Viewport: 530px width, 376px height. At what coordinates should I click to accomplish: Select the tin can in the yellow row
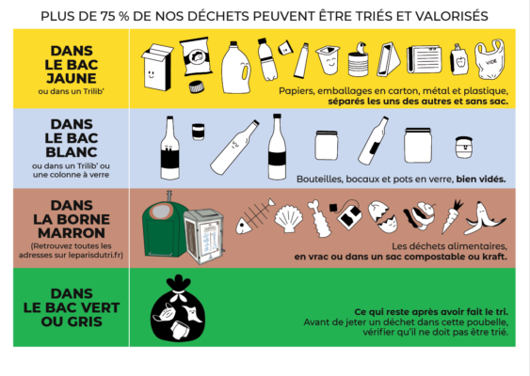click(359, 64)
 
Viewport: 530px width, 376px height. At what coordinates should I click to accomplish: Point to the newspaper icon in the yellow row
click(424, 59)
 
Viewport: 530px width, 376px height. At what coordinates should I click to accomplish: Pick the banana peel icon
click(484, 218)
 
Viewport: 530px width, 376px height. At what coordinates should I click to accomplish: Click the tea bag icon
click(350, 215)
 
